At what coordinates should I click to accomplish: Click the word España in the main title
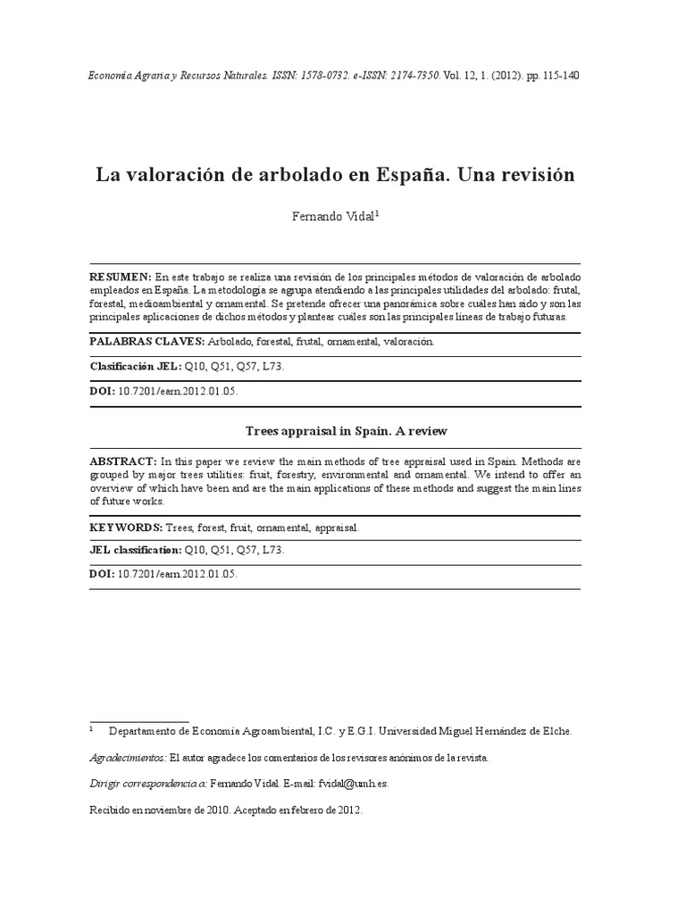tap(413, 175)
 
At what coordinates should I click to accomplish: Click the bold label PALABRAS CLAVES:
tap(147, 342)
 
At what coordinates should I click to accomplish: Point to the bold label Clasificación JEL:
tap(136, 366)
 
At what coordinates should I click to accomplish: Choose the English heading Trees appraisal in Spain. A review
tap(346, 431)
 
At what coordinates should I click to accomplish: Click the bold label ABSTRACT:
tap(122, 461)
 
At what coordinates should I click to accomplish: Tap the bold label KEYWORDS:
tap(126, 528)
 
